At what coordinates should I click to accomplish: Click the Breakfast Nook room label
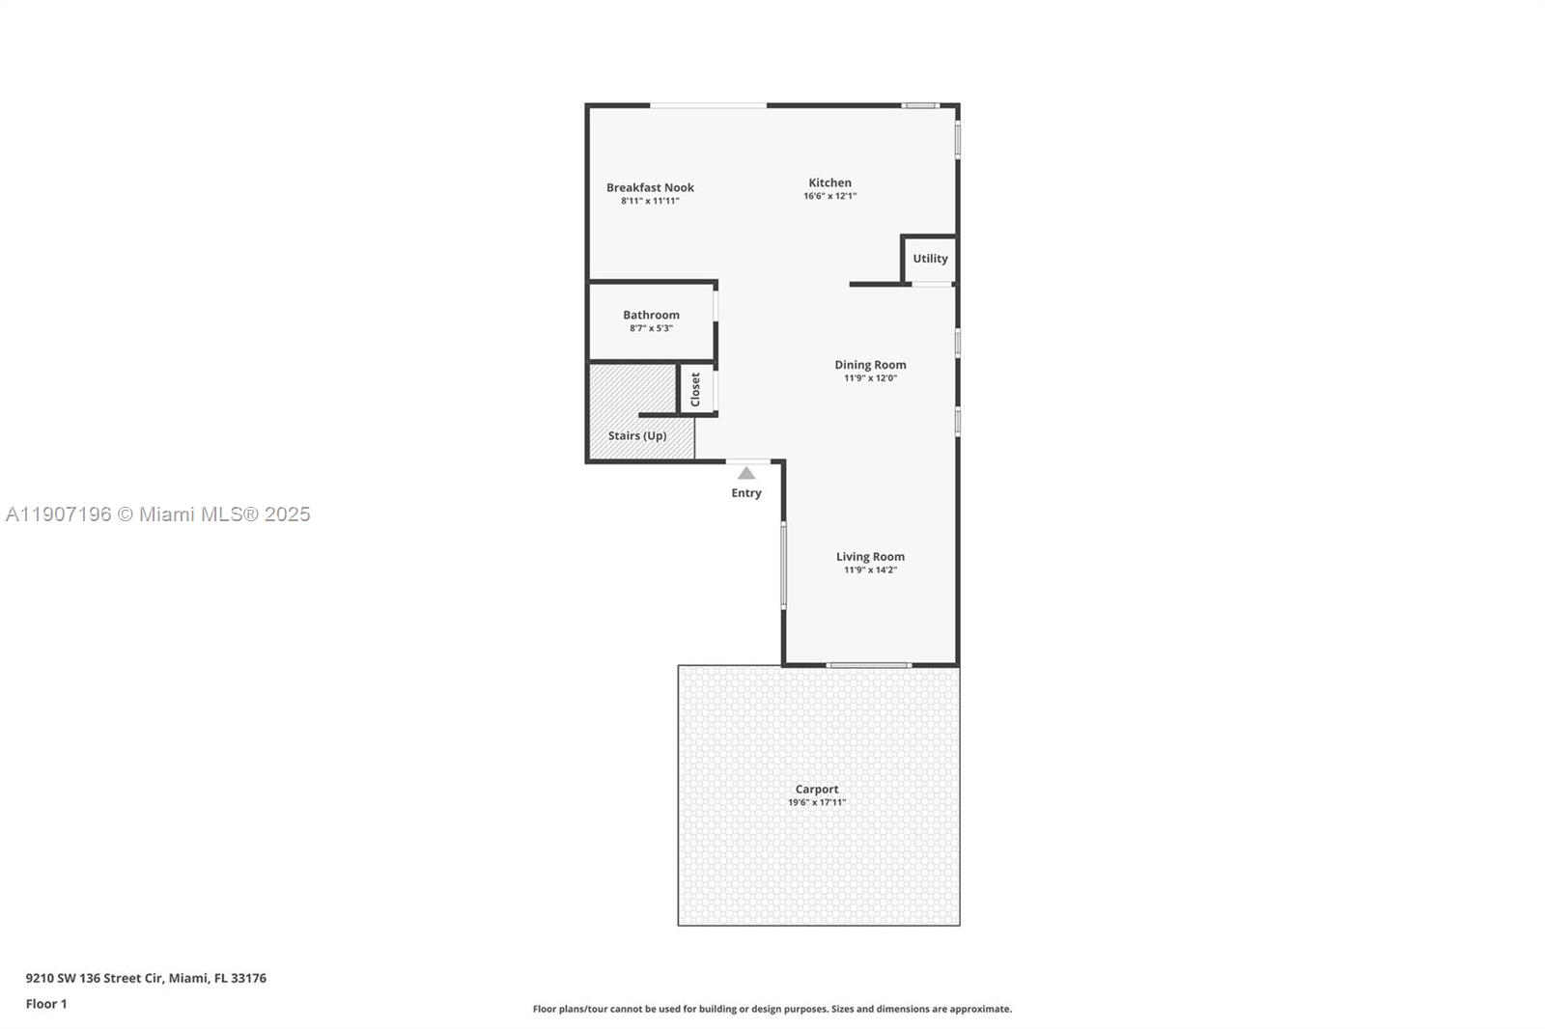(650, 187)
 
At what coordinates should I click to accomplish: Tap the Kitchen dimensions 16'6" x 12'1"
(829, 196)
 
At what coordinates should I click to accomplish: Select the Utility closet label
(930, 259)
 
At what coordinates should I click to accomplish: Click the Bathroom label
(651, 315)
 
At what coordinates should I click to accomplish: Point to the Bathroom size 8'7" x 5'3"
(651, 328)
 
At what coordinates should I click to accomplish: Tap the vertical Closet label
(695, 389)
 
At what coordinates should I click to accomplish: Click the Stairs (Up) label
(637, 435)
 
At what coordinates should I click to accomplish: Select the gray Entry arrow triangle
(746, 473)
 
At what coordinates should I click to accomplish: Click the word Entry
(746, 493)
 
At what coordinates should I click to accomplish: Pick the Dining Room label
(870, 365)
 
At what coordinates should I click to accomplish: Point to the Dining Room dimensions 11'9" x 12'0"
(870, 378)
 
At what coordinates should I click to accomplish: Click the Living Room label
(870, 556)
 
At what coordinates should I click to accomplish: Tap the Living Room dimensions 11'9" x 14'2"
(870, 570)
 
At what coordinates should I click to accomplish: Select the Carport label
(817, 789)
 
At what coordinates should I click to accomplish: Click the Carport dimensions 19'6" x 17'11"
(817, 802)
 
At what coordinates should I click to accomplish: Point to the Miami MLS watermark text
(158, 514)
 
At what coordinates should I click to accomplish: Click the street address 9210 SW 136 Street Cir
(146, 978)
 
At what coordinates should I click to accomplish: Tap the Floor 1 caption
(46, 1004)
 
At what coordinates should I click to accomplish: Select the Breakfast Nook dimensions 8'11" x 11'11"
(650, 201)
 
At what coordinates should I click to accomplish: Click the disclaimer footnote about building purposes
(772, 1009)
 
